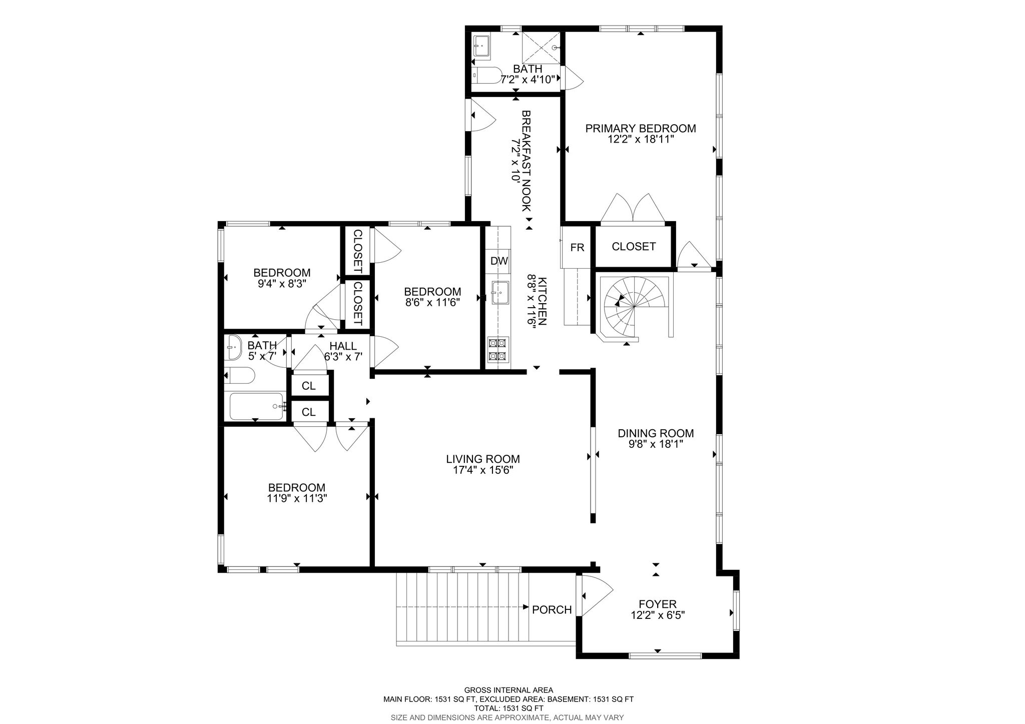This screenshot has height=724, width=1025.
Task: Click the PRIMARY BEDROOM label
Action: coord(641,129)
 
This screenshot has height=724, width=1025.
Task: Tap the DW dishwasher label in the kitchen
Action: coord(499,261)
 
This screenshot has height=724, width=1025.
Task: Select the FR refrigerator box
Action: coord(577,248)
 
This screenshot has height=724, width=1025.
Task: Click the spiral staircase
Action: coord(634,308)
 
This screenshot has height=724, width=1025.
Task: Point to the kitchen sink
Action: coord(500,293)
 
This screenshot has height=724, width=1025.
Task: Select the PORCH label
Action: coord(552,610)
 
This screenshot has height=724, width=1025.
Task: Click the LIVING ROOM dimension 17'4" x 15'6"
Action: coord(483,470)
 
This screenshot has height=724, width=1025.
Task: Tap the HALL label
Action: coord(343,346)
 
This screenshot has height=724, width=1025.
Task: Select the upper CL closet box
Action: coord(309,386)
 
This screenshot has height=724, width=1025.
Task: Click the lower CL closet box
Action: coord(309,412)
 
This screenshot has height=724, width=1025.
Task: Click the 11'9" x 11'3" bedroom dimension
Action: coord(297,498)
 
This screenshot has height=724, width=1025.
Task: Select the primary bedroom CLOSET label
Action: coord(634,247)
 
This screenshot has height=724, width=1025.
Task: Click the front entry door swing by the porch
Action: coord(595,595)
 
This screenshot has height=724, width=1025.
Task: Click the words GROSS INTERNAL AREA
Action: coord(508,690)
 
